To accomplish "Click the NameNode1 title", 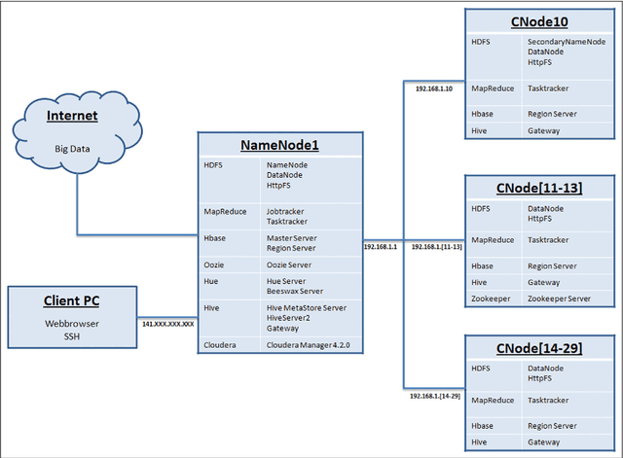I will coord(280,146).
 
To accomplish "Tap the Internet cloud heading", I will coord(73,117).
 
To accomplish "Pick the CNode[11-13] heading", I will coord(539,187).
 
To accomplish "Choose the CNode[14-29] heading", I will coord(539,347).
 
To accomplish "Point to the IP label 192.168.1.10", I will coord(434,89).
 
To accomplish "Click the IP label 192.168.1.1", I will coord(381,247).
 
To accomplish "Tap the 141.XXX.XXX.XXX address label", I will coord(168,323).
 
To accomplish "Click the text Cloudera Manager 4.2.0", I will coord(308,345).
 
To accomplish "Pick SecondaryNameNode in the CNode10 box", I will coord(568,44).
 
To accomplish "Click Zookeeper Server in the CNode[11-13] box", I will coord(560,299).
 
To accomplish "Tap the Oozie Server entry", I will coord(289,264).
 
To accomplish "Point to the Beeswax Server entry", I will coord(295,291).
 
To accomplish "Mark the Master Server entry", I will coord(292,237).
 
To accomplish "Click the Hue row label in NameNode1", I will coord(212,281).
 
